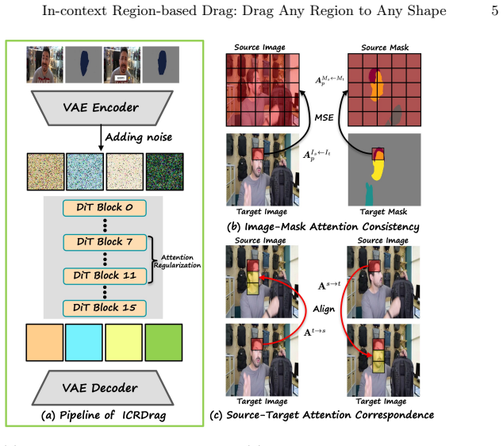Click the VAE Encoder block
pyautogui.click(x=102, y=108)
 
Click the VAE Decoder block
pyautogui.click(x=102, y=387)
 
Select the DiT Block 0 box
pyautogui.click(x=105, y=208)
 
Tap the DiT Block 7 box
pyautogui.click(x=105, y=242)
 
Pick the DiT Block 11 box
pyautogui.click(x=105, y=276)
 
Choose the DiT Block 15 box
pyautogui.click(x=105, y=309)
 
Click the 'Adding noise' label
pyautogui.click(x=139, y=137)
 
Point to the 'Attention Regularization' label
pyautogui.click(x=177, y=261)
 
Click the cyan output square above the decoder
pyautogui.click(x=84, y=343)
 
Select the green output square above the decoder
pyautogui.click(x=163, y=343)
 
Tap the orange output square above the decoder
pyautogui.click(x=44, y=343)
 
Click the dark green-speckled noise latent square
pyautogui.click(x=164, y=171)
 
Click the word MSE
pyautogui.click(x=324, y=117)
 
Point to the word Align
pyautogui.click(x=324, y=310)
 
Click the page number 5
pyautogui.click(x=494, y=10)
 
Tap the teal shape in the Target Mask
pyautogui.click(x=369, y=194)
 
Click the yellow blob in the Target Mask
pyautogui.click(x=378, y=170)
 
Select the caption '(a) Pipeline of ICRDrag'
pyautogui.click(x=104, y=415)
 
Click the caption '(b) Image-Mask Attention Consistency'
pyautogui.click(x=323, y=226)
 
